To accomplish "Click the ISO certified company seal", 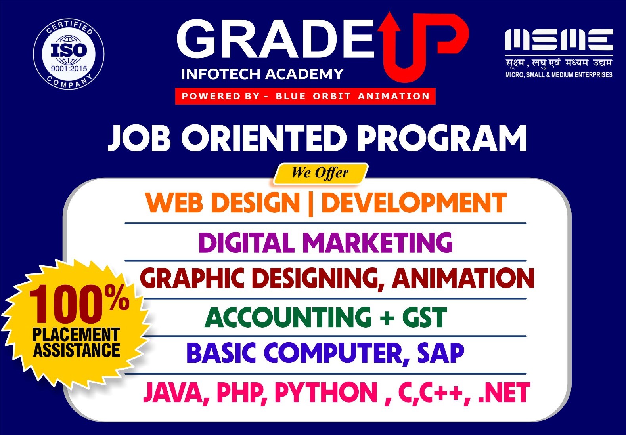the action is pyautogui.click(x=69, y=55).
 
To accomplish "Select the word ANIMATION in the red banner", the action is pyautogui.click(x=394, y=96).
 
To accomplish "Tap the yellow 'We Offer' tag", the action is pyautogui.click(x=320, y=174).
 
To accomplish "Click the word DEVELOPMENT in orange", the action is pyautogui.click(x=414, y=202).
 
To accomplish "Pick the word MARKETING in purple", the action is pyautogui.click(x=377, y=242).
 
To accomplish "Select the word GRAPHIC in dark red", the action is pyautogui.click(x=191, y=279).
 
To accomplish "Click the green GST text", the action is pyautogui.click(x=424, y=317).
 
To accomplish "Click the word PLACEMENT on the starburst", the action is pyautogui.click(x=76, y=334).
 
